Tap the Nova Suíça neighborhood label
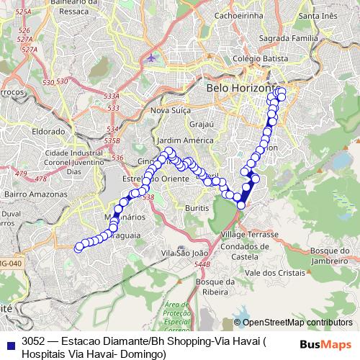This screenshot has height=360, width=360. [171, 110]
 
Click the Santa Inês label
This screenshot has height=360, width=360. [318, 16]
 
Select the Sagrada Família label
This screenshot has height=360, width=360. [310, 42]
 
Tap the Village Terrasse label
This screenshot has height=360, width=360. [249, 235]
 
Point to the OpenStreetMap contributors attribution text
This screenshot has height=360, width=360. [297, 323]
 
